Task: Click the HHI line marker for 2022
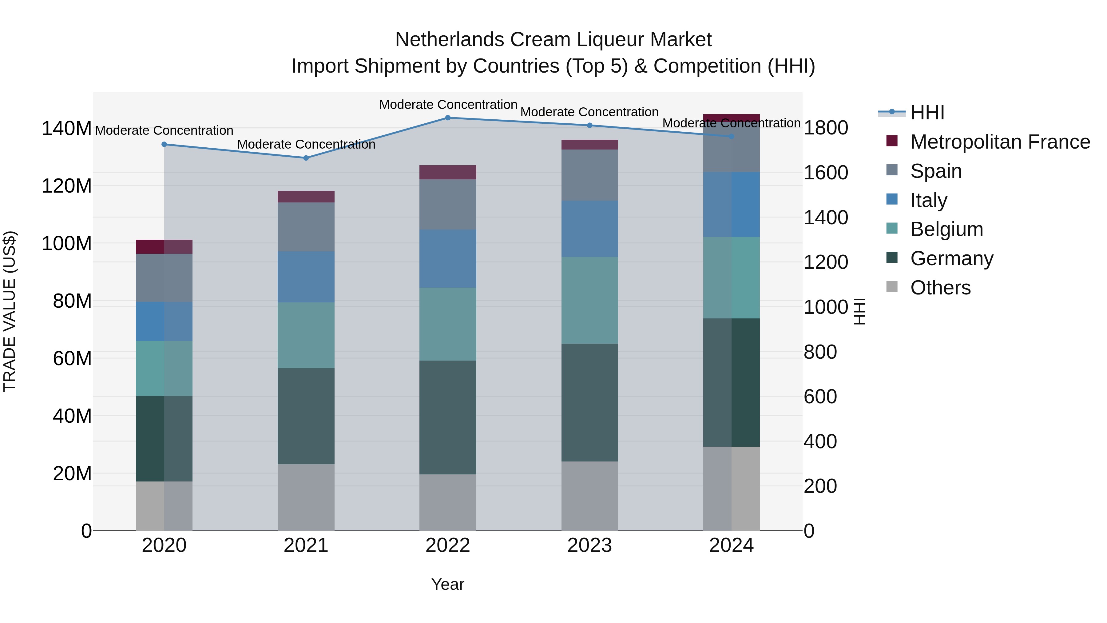(x=447, y=118)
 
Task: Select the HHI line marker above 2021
(x=306, y=158)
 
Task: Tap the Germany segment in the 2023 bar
(x=589, y=402)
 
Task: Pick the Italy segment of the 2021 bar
(x=306, y=277)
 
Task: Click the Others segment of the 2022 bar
(x=447, y=502)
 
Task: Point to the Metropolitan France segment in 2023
(x=589, y=145)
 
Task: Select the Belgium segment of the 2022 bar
(x=447, y=324)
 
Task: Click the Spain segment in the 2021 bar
(x=306, y=226)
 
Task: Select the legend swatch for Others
(x=892, y=287)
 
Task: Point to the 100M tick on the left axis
(x=67, y=244)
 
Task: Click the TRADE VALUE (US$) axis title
(x=10, y=311)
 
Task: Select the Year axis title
(x=447, y=584)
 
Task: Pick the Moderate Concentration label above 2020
(x=164, y=130)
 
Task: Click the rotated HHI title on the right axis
(x=859, y=311)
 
